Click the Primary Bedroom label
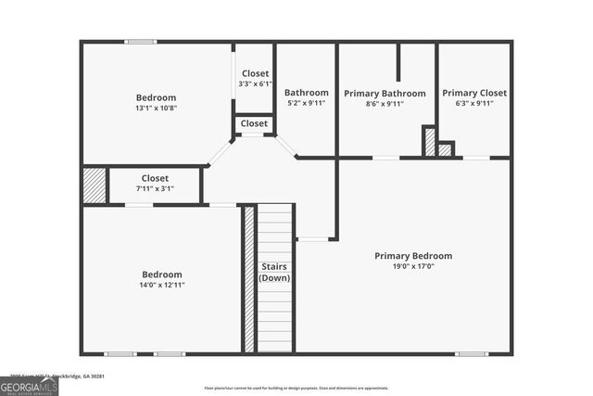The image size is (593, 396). point(413,256)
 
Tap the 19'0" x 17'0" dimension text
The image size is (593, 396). point(413,266)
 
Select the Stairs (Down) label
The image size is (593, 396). point(273,273)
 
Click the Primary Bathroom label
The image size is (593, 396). point(385,94)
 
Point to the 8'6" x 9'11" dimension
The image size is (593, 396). point(385,104)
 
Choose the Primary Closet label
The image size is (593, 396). point(473,93)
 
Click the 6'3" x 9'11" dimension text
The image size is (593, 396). point(473,104)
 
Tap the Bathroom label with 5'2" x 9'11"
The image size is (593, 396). point(306,93)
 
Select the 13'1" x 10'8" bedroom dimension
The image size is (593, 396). point(156,108)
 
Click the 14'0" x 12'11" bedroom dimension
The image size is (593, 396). point(162,285)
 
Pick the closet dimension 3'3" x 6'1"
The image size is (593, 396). point(255,83)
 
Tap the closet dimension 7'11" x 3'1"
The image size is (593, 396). point(155,188)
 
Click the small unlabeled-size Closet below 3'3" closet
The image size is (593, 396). point(254,123)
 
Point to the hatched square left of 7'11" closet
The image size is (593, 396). point(95,185)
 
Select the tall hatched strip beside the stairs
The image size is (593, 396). point(248,278)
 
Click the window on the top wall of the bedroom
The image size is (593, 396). point(141,41)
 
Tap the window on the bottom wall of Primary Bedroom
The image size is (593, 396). point(471,353)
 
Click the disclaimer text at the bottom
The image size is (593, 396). point(296,388)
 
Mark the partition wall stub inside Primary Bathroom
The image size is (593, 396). point(399,62)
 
